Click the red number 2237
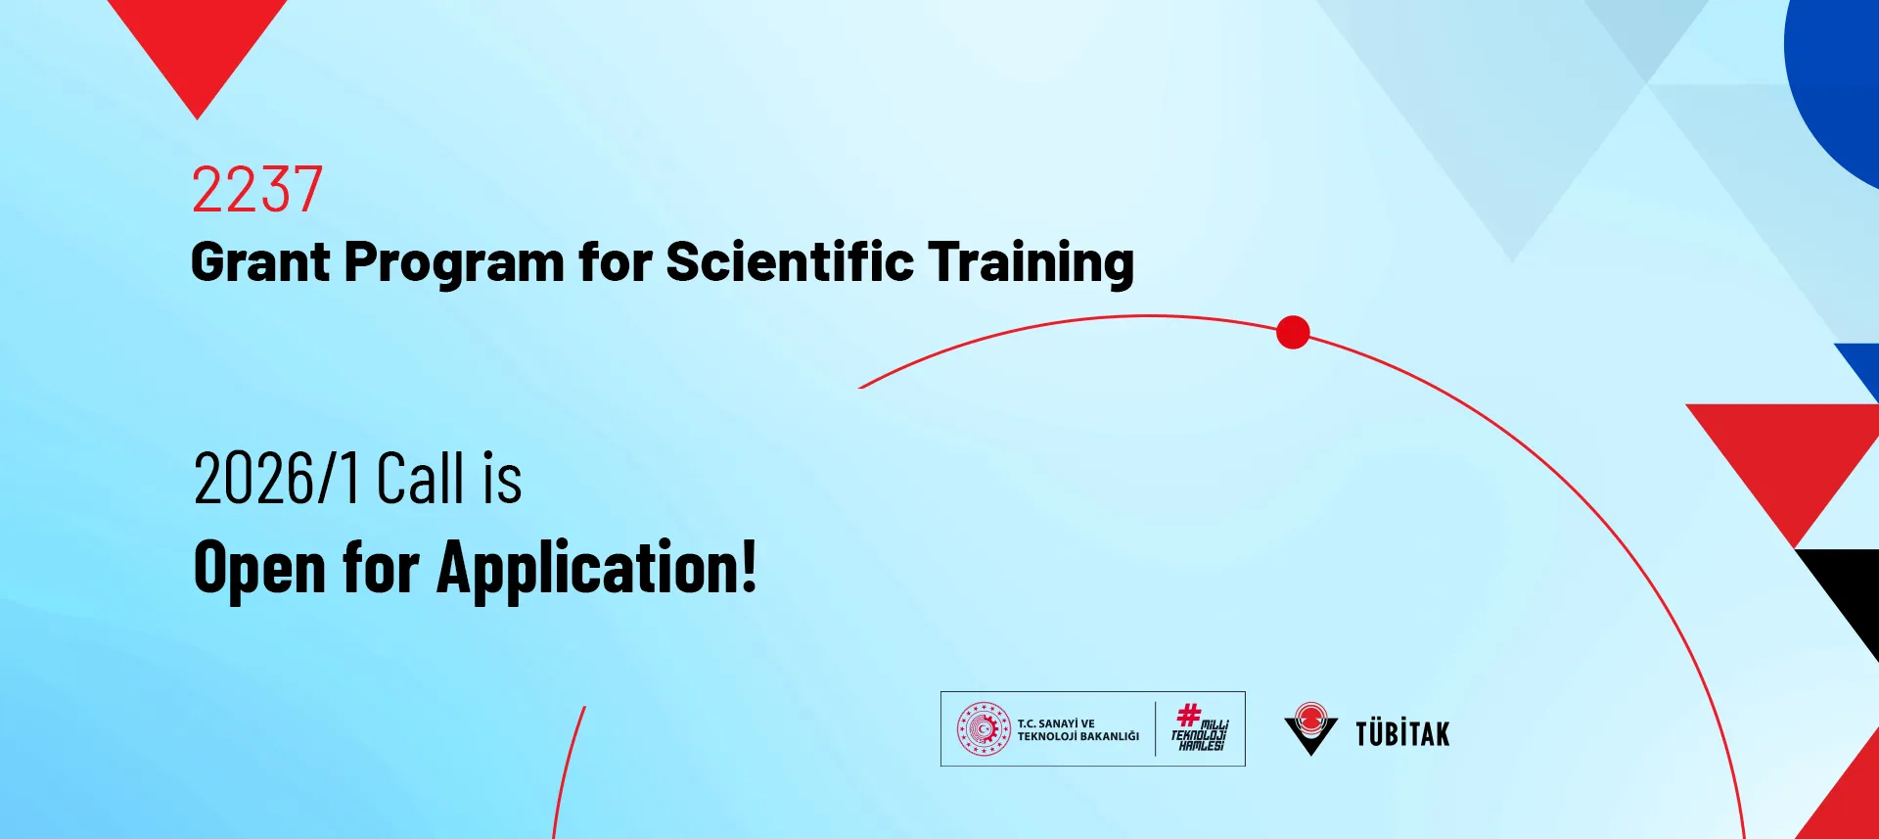[256, 189]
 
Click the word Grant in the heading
[260, 262]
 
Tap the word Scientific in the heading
[790, 261]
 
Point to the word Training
[1031, 263]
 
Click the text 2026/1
[277, 479]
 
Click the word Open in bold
[259, 569]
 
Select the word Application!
[597, 568]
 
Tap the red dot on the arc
[1293, 333]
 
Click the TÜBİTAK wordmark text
[1402, 733]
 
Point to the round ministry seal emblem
[984, 729]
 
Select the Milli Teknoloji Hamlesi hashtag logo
[1200, 727]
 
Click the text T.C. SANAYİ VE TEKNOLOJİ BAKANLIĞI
[1077, 730]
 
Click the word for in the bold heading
[615, 261]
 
